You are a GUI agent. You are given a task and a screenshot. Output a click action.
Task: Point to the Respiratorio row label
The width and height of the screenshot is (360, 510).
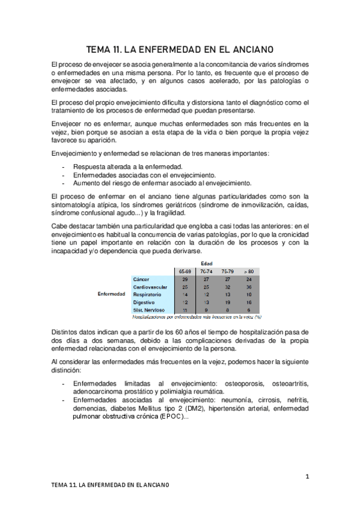[x=147, y=295]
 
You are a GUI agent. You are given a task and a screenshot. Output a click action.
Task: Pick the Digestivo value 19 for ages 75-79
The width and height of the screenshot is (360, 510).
[x=227, y=303]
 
